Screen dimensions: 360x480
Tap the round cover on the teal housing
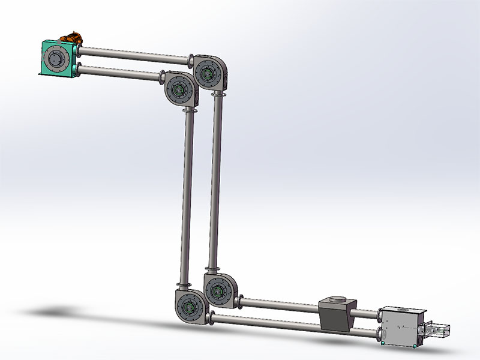(57, 59)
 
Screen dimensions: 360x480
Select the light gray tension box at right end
(400, 327)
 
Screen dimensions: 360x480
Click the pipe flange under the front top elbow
(190, 111)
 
